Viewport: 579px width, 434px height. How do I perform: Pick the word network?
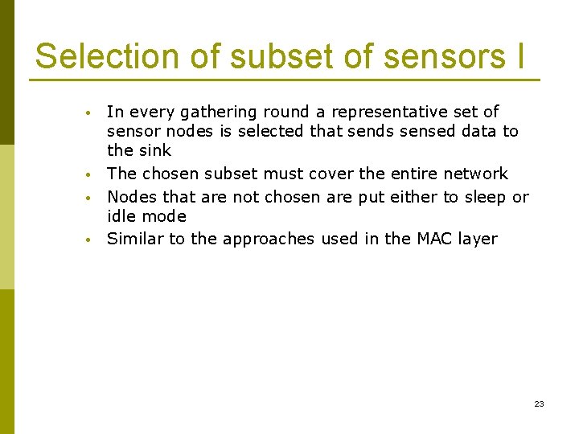[x=477, y=174]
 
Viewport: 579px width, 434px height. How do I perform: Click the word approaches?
[x=269, y=240]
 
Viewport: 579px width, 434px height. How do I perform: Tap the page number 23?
[x=539, y=403]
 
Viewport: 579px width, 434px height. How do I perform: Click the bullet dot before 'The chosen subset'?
[x=93, y=174]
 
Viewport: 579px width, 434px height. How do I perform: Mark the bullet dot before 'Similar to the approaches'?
[x=93, y=240]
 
